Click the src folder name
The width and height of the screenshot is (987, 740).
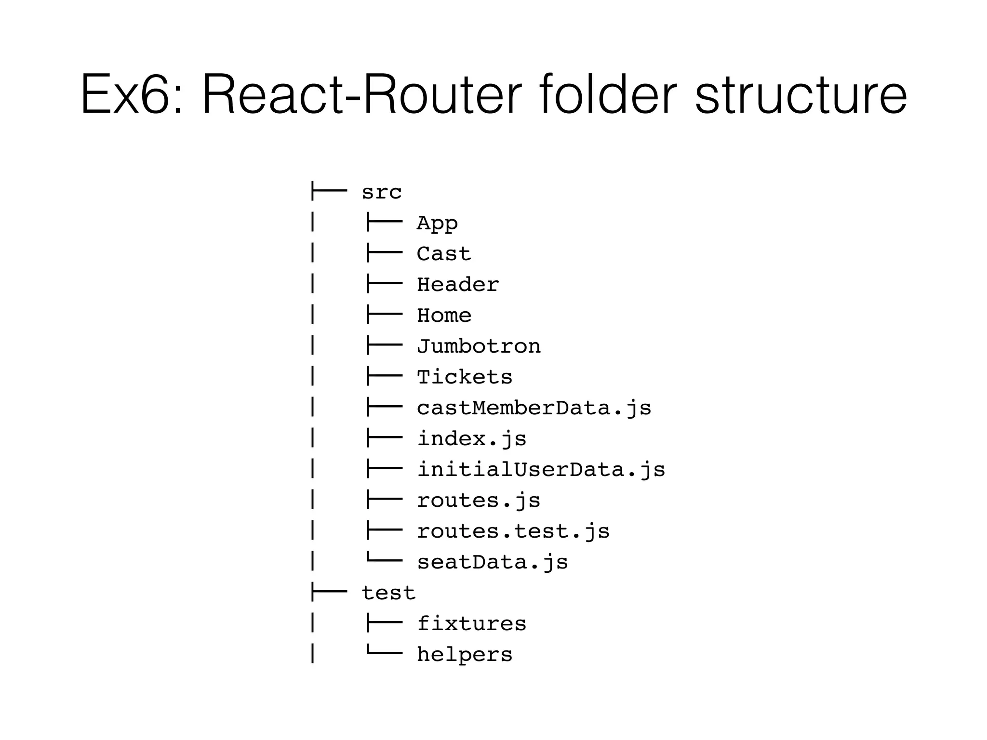pos(381,192)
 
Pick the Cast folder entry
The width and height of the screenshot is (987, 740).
pos(444,254)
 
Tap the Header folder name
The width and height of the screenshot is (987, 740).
pos(458,285)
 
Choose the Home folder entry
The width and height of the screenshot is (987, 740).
pos(444,316)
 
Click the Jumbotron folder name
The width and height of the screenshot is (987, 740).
pos(479,346)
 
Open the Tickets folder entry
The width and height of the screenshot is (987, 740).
pos(465,377)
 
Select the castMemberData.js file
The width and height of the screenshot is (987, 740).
pos(534,408)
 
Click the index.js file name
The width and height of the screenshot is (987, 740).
pos(472,439)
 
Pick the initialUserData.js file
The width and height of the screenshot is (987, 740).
pos(541,470)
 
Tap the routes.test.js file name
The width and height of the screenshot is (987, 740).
pos(513,531)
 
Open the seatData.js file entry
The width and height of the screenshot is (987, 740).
pos(493,562)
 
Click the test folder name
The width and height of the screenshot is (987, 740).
pos(388,593)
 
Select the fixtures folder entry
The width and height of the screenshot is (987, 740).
pos(472,624)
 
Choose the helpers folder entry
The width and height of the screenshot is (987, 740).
pos(465,655)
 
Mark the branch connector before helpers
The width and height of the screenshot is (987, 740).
pos(384,653)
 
